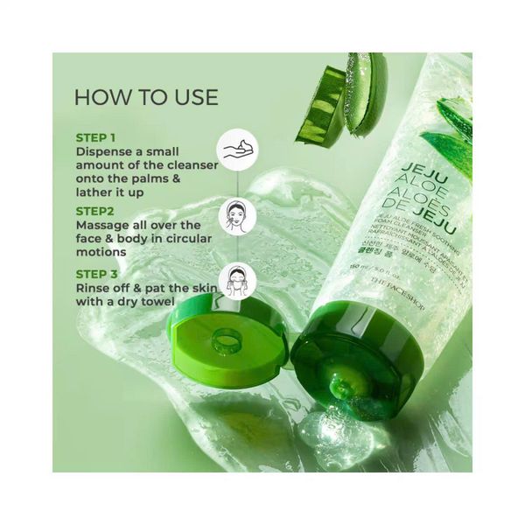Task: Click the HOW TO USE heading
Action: pyautogui.click(x=146, y=96)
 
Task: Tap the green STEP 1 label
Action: pyautogui.click(x=96, y=137)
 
